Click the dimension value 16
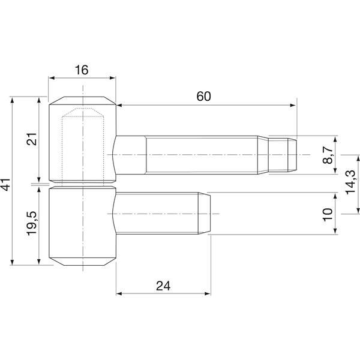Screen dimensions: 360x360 [x=82, y=70]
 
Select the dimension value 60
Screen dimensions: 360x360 [x=203, y=97]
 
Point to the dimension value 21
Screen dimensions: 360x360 [x=32, y=139]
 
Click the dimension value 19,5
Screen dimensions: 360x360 [x=32, y=223]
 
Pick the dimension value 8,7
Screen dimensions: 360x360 [x=328, y=155]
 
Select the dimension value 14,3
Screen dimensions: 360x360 [x=350, y=182]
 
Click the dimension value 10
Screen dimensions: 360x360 [x=328, y=214]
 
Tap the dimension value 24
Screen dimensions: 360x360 [x=163, y=286]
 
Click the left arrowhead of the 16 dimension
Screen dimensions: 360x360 [x=52, y=78]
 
